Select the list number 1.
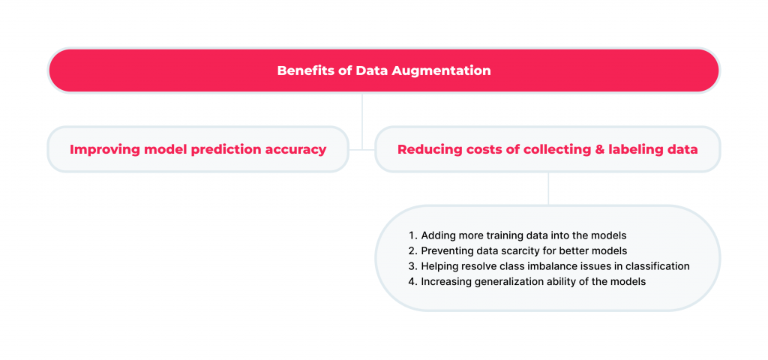[412, 235]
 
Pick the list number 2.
[412, 250]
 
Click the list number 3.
[412, 266]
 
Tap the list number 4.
[412, 282]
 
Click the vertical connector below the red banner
[362, 121]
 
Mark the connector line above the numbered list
[548, 188]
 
